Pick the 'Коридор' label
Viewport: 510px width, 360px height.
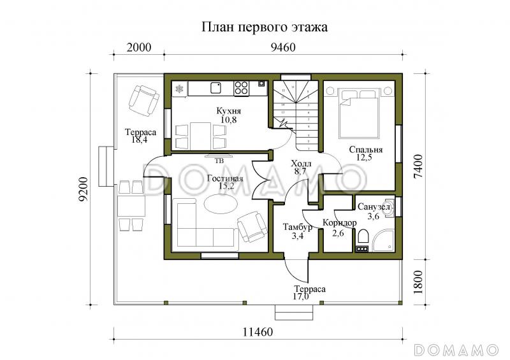(338, 222)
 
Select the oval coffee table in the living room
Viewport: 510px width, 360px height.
(220, 206)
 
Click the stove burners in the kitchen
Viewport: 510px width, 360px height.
(242, 88)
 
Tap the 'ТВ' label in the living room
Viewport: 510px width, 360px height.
(219, 161)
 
